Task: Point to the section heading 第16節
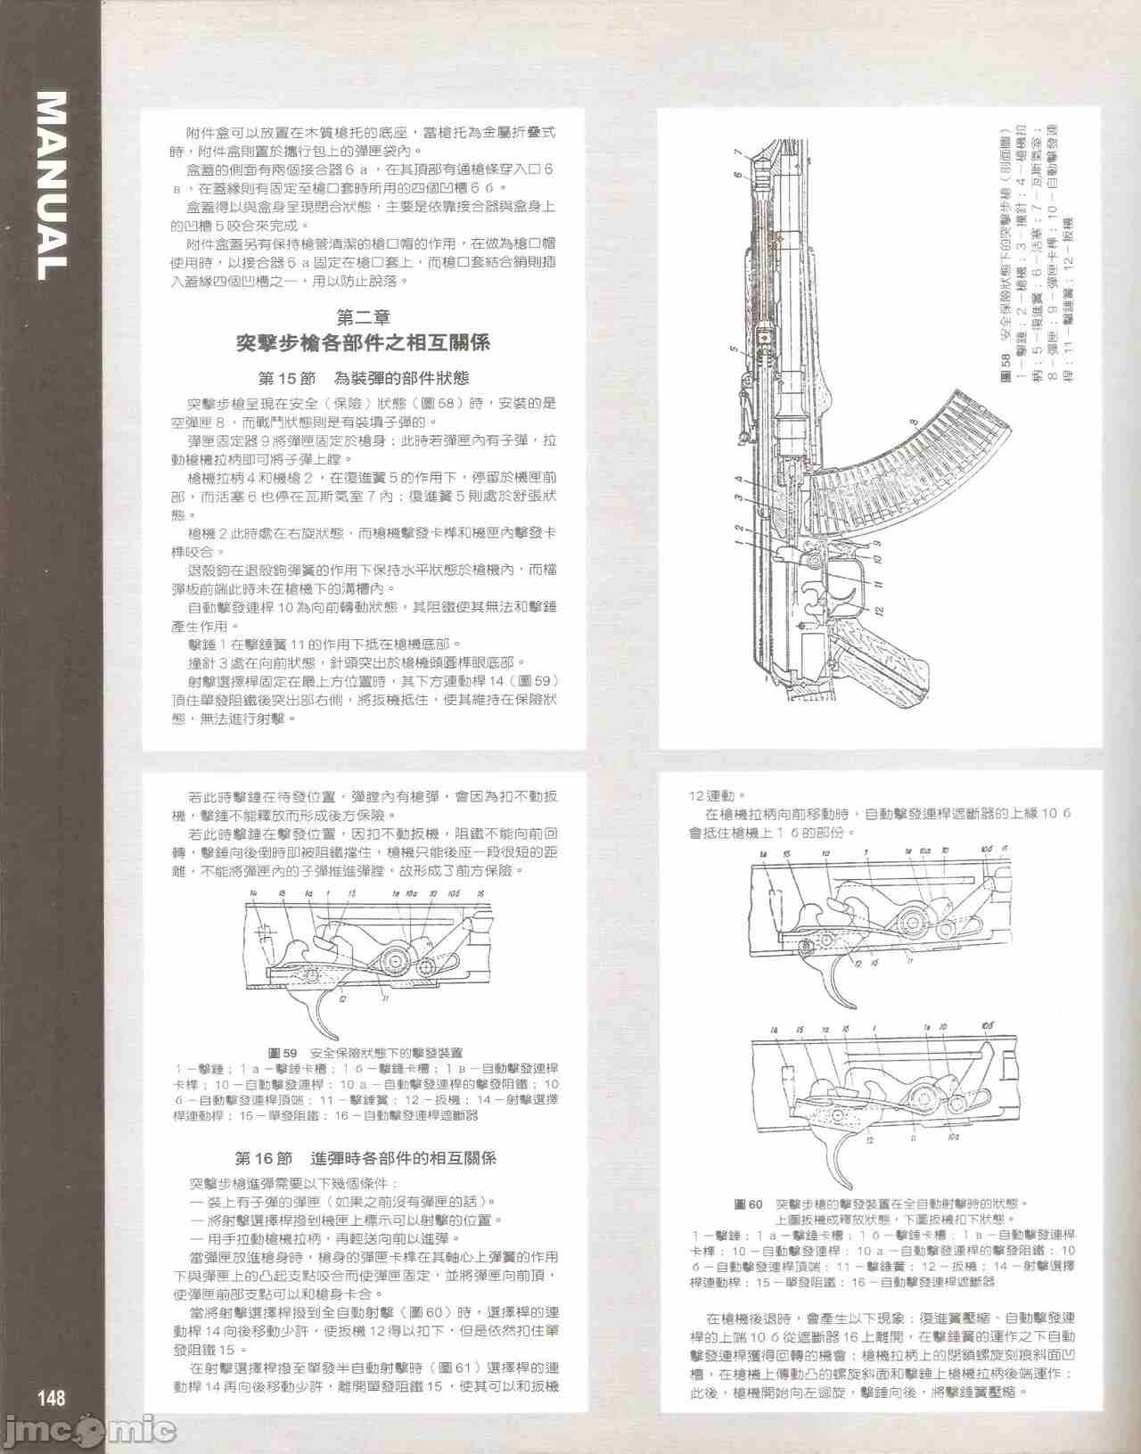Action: pos(263,1159)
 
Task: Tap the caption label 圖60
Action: pos(748,1203)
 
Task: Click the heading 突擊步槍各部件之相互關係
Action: pos(363,343)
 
